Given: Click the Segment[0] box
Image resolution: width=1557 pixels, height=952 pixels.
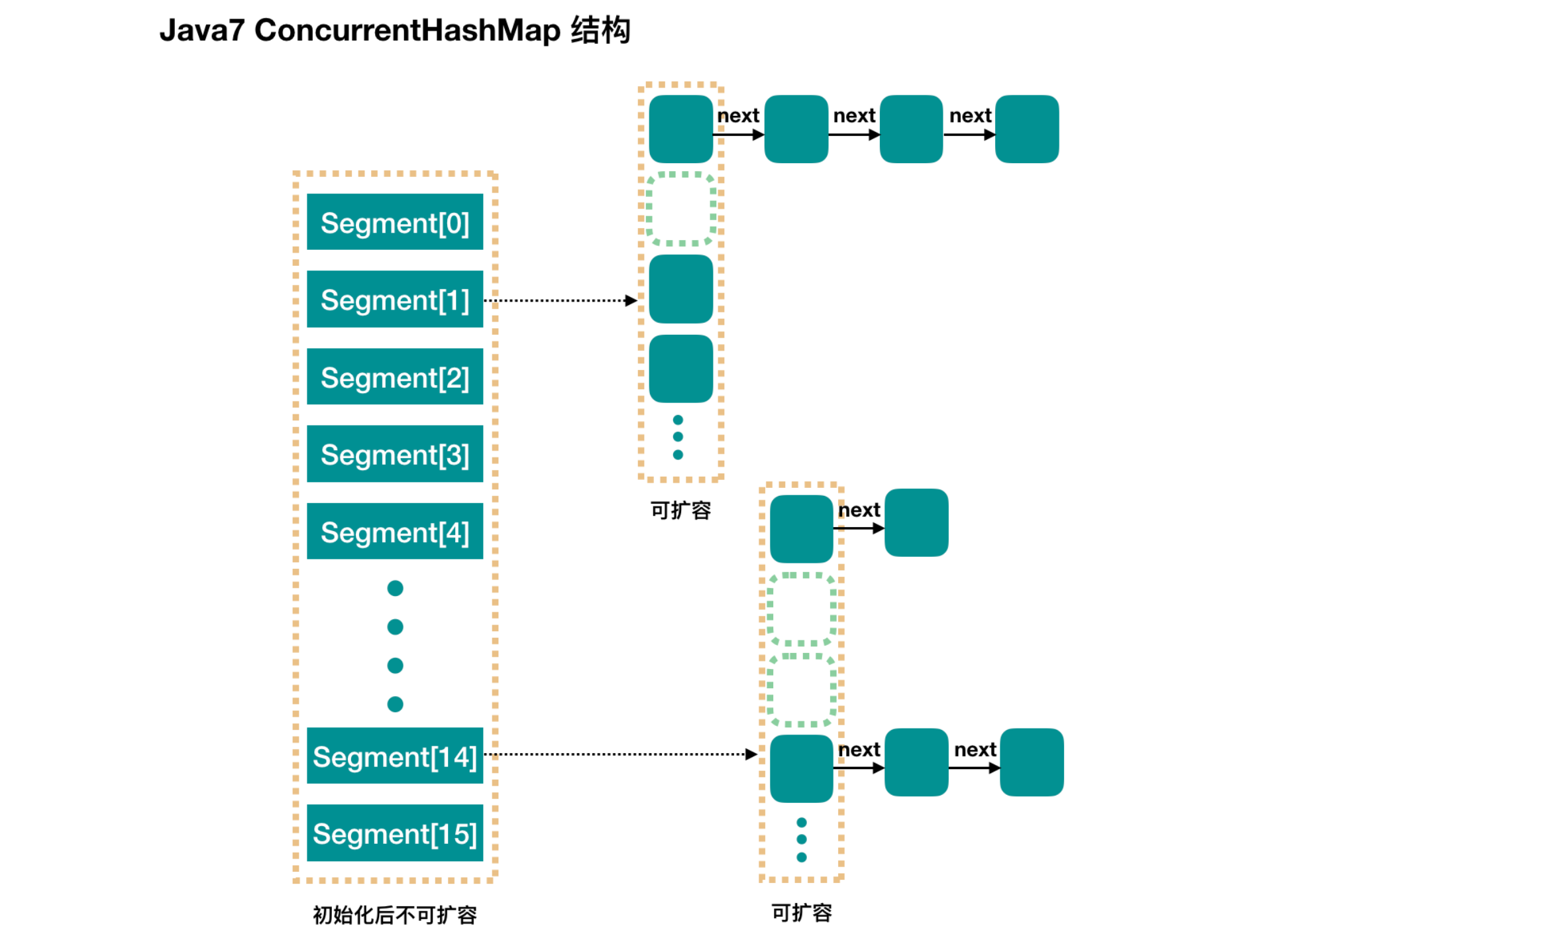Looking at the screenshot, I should click(x=395, y=222).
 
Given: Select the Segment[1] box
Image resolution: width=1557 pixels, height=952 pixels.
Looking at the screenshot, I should click(x=395, y=299).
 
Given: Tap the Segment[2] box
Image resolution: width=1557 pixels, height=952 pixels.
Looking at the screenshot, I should click(x=395, y=377).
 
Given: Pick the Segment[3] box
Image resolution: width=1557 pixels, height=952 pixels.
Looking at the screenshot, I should click(x=395, y=454).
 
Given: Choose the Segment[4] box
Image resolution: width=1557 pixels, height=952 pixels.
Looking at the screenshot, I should click(x=395, y=532).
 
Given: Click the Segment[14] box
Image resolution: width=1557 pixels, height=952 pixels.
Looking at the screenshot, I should click(x=395, y=756).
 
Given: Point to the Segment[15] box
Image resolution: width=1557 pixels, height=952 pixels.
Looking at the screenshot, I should click(x=395, y=833).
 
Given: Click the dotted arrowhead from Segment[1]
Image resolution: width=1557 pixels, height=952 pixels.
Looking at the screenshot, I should click(x=631, y=301).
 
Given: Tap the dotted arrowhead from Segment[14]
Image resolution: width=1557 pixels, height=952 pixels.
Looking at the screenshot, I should click(x=751, y=754).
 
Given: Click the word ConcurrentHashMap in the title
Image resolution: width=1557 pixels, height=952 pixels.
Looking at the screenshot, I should click(x=407, y=30).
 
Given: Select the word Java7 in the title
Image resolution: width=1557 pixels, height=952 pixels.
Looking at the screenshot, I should click(x=202, y=30).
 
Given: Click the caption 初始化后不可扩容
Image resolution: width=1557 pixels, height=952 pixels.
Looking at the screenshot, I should click(x=395, y=916).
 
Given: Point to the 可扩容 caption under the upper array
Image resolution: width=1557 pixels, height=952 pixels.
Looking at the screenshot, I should click(x=680, y=510).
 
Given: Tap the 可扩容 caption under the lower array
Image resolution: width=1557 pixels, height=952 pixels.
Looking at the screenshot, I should click(x=802, y=913).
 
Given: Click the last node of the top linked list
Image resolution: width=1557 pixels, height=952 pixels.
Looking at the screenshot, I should click(x=1027, y=129).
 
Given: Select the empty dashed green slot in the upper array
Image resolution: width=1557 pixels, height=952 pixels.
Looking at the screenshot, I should click(x=680, y=209).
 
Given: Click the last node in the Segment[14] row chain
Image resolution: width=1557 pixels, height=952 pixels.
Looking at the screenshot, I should click(x=1032, y=762).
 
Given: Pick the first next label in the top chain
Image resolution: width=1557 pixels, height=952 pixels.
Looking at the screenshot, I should click(x=738, y=116).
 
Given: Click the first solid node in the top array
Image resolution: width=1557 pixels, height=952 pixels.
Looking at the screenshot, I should click(x=680, y=129).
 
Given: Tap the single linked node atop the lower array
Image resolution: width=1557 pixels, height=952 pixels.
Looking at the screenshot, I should click(x=916, y=523).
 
